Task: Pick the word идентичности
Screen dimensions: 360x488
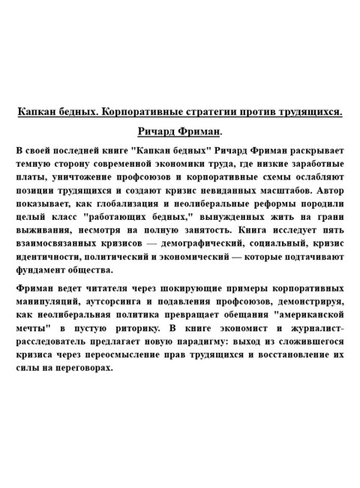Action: [52, 258]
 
